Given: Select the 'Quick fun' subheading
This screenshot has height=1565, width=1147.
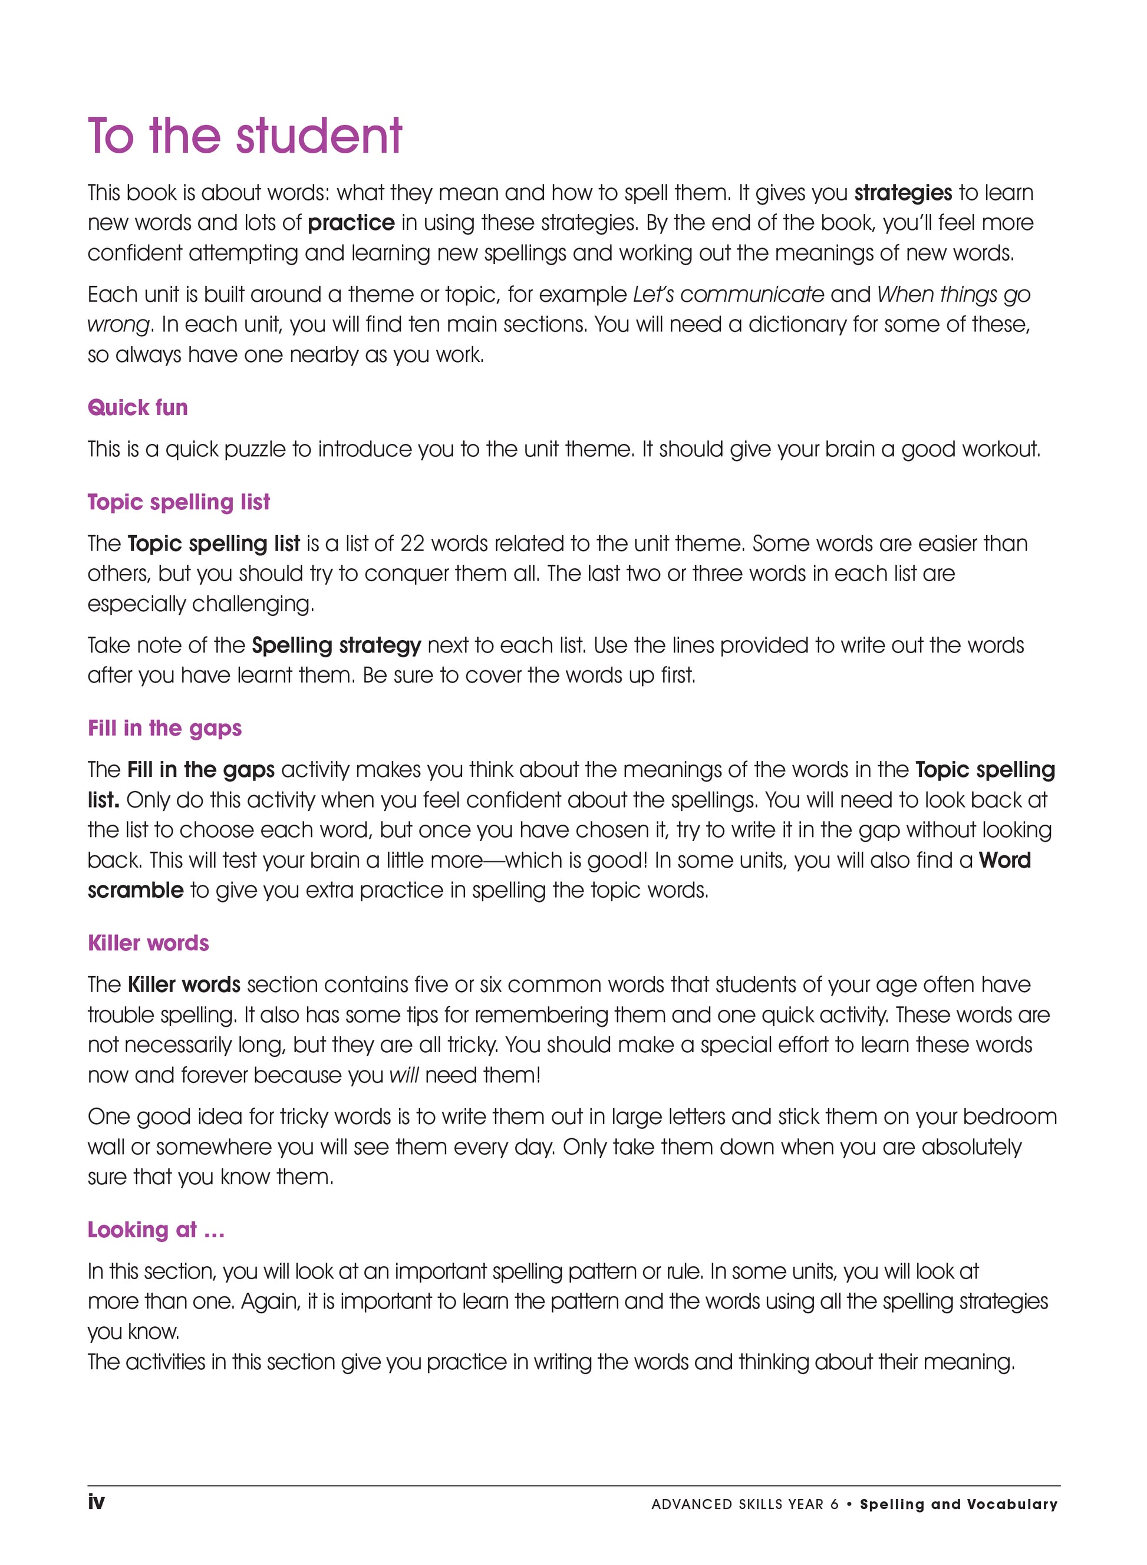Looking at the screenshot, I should pyautogui.click(x=137, y=407).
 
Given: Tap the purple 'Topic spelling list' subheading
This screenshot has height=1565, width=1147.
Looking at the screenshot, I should pyautogui.click(x=179, y=502).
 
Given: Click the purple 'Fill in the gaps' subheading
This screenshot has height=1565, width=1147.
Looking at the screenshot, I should pyautogui.click(x=164, y=729).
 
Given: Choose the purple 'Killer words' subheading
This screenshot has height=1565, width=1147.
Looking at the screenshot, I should pyautogui.click(x=148, y=943).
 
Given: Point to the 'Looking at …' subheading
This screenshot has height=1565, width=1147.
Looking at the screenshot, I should pyautogui.click(x=156, y=1230).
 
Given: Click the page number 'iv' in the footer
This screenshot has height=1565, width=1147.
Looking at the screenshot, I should pyautogui.click(x=96, y=1502).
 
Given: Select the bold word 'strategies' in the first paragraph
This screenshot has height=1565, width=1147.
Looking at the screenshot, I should pyautogui.click(x=902, y=193).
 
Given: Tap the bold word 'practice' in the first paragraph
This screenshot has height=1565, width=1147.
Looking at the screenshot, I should pyautogui.click(x=351, y=223).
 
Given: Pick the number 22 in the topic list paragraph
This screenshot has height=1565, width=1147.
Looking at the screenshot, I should pyautogui.click(x=412, y=543).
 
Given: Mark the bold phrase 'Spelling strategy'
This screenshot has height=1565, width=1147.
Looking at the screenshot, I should pyautogui.click(x=336, y=645).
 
